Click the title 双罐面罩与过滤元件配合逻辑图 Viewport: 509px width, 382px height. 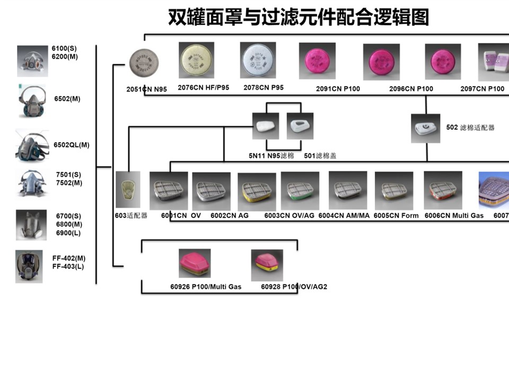pos(298,18)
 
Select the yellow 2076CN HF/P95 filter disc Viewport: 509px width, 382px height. pos(196,60)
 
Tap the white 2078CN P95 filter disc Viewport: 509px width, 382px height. pos(258,60)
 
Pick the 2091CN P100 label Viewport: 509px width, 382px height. pos(337,89)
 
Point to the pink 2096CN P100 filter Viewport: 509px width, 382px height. pos(381,62)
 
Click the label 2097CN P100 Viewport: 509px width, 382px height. pos(482,89)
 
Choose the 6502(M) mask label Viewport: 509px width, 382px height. pos(67,99)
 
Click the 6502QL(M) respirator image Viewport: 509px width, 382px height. pos(32,145)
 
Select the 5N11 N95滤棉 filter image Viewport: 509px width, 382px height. pos(265,126)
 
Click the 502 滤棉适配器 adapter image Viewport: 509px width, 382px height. pos(425,128)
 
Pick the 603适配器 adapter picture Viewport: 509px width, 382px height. pos(128,189)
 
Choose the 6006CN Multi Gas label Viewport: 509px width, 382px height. pos(454,216)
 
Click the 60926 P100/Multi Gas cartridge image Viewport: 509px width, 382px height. pos(195,263)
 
